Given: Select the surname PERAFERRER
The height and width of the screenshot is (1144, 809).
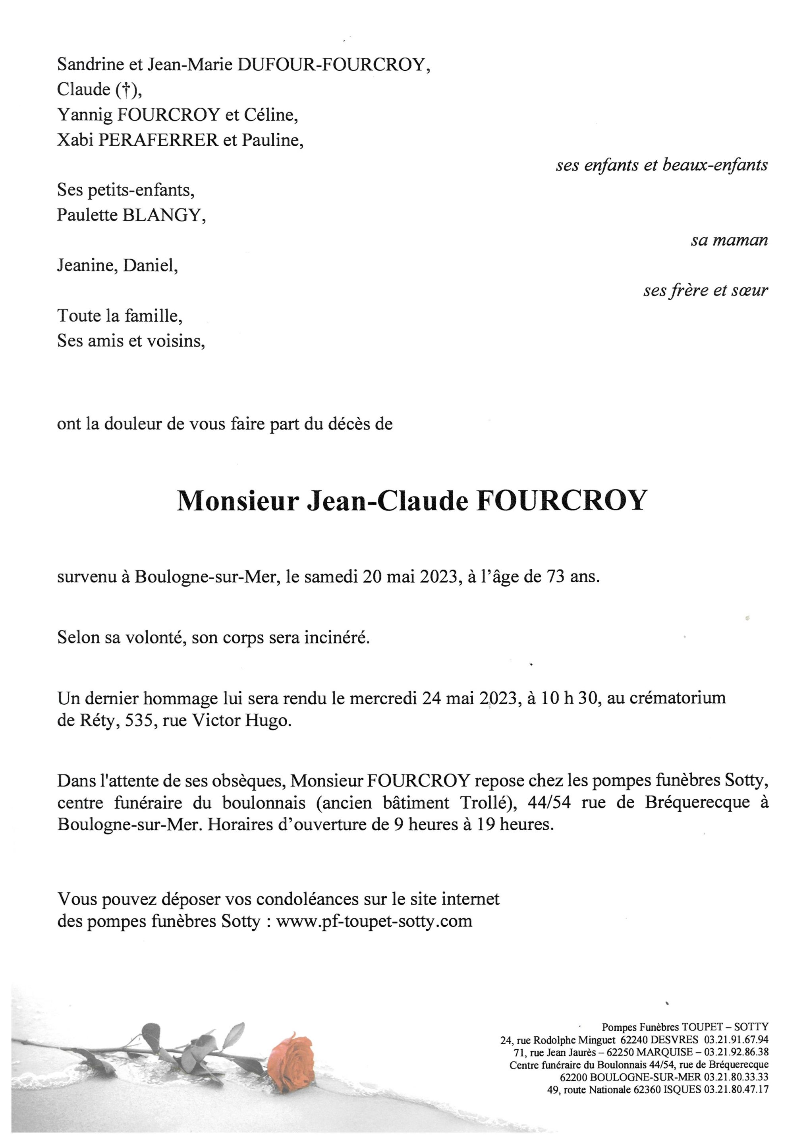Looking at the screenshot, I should [158, 141].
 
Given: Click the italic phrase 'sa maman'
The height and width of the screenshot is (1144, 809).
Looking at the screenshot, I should [729, 241].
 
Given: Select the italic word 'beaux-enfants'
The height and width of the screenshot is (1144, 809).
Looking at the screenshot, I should [715, 165].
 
